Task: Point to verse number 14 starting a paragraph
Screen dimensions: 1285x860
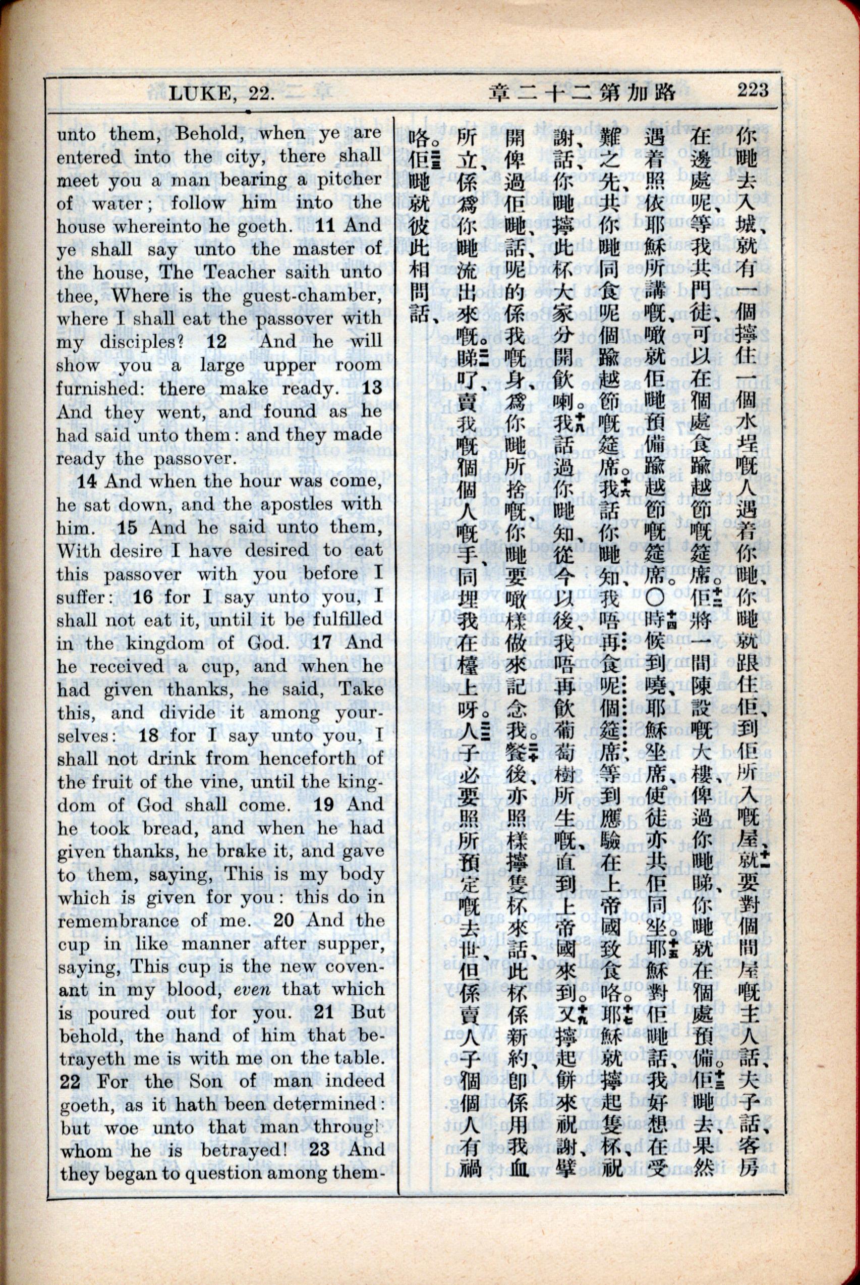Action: [x=87, y=481]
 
